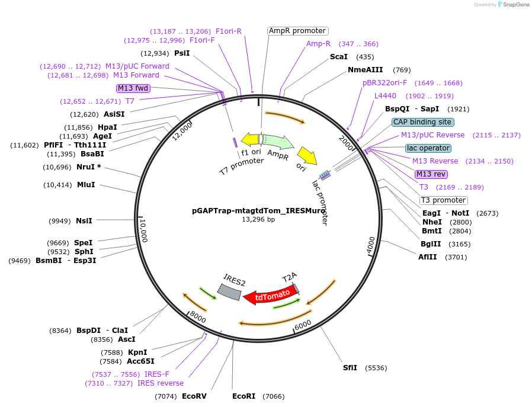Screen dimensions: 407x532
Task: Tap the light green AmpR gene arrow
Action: tap(278, 142)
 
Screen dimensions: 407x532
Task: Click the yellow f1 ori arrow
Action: tap(250, 139)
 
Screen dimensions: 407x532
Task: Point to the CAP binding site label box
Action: tap(423, 122)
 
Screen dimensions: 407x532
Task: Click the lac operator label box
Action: tap(428, 148)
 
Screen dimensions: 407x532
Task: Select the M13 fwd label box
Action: tap(133, 88)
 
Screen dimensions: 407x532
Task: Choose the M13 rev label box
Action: tap(431, 174)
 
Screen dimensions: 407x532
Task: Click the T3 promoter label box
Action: tap(443, 200)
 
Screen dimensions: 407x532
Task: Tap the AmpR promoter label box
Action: tap(297, 31)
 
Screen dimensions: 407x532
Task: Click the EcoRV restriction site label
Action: tap(194, 396)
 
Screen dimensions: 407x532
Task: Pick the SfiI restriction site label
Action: tap(350, 368)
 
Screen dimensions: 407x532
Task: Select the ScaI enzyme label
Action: tap(338, 57)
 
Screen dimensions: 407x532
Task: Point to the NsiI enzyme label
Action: tap(84, 221)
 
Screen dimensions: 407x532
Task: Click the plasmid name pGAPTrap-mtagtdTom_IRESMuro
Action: tap(258, 210)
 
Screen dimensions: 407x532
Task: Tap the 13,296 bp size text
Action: tap(258, 219)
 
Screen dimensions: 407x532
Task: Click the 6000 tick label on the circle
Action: tap(302, 324)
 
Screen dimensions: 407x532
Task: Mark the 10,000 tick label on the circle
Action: tap(143, 230)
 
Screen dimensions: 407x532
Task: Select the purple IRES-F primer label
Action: tap(157, 374)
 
